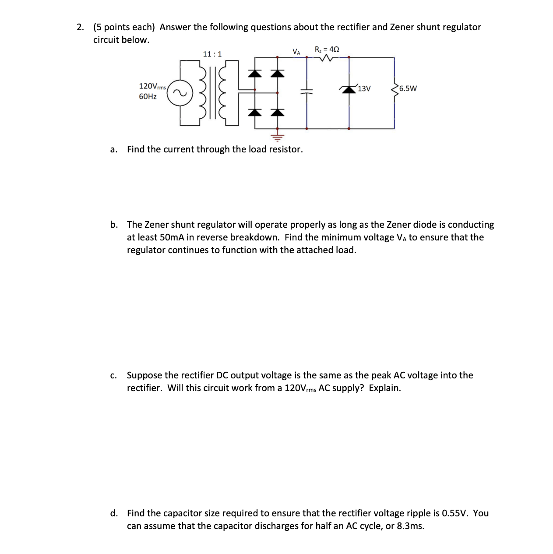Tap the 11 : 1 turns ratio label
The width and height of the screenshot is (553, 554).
pos(212,54)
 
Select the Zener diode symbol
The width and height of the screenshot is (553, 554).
pos(349,89)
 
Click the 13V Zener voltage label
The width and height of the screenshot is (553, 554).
pos(364,89)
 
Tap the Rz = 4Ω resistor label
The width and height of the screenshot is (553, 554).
pos(327,49)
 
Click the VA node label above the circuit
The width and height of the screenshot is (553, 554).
pos(296,52)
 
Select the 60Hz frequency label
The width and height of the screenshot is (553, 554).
pos(148,96)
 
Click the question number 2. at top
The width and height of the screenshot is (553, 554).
pos(80,27)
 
